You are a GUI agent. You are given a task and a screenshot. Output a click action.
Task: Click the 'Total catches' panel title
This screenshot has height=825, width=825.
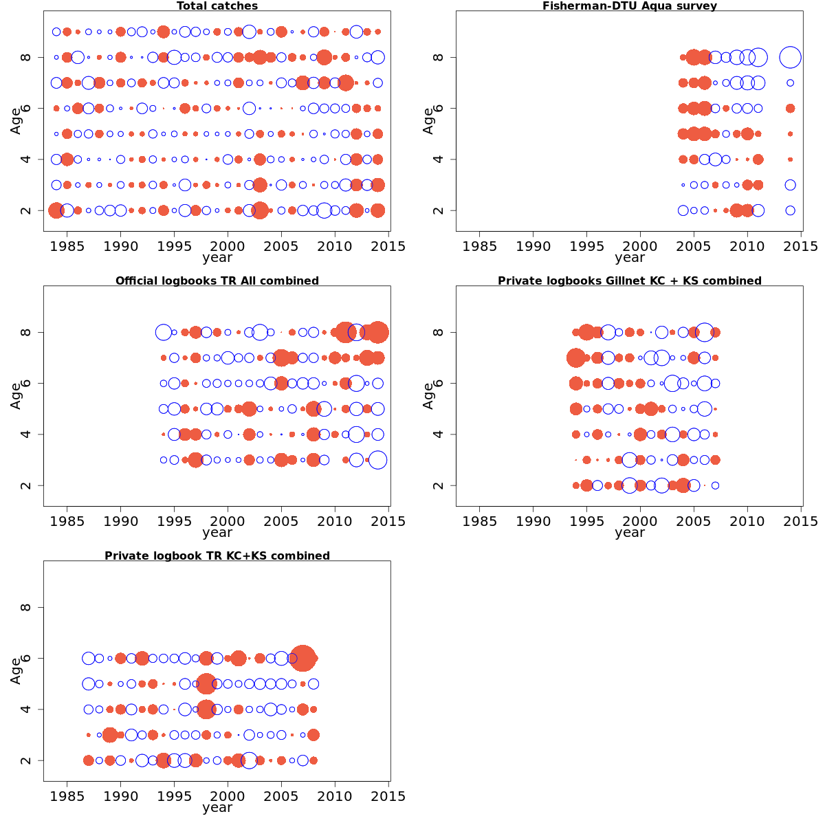click(217, 6)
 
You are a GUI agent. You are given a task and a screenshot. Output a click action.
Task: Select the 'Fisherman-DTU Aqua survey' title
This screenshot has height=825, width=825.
click(630, 6)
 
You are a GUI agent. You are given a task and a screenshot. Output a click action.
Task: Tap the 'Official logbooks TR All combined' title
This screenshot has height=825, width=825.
click(217, 281)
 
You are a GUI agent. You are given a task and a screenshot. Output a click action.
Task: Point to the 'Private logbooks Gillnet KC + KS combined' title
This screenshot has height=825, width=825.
click(630, 281)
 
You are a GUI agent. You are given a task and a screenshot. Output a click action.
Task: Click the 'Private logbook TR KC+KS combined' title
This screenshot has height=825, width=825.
click(217, 556)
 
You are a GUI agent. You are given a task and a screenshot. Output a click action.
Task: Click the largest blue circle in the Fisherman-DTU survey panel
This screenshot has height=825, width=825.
click(790, 57)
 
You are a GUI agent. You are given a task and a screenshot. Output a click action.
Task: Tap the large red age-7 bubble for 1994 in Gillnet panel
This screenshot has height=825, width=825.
click(576, 357)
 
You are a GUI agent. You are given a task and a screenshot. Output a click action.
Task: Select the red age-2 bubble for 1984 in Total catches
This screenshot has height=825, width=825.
click(56, 210)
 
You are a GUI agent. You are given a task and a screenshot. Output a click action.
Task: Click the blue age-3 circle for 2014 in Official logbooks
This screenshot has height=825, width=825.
click(377, 460)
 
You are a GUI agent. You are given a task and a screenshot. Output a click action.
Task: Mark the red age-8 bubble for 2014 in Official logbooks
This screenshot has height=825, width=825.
click(377, 332)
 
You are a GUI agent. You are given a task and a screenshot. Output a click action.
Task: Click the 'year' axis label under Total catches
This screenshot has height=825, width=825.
click(217, 258)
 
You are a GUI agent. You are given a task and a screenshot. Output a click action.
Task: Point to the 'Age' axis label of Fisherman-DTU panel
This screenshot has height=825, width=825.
click(428, 121)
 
